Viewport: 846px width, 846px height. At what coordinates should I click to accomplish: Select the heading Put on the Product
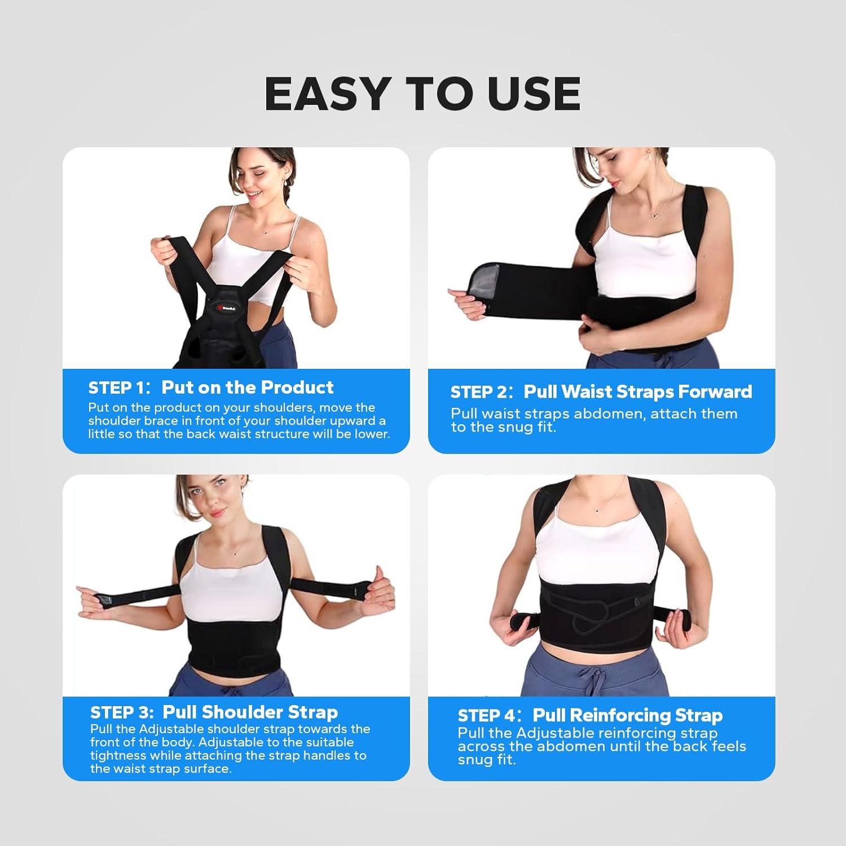point(248,387)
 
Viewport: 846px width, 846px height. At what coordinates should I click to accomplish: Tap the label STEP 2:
point(483,392)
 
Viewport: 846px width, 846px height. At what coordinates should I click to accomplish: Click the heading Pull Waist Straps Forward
point(638,391)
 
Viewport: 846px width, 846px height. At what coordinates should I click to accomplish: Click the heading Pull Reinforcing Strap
point(628,715)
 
